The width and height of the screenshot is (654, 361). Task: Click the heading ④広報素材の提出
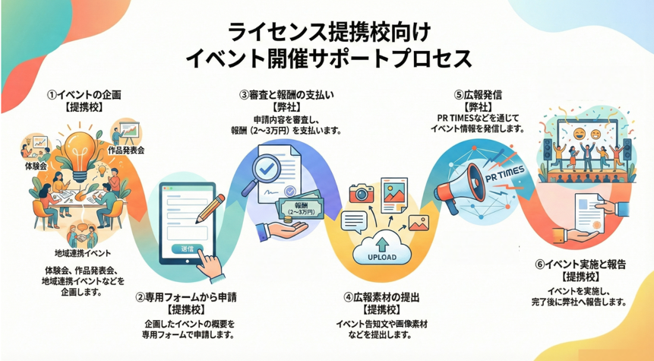(x=378, y=297)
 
